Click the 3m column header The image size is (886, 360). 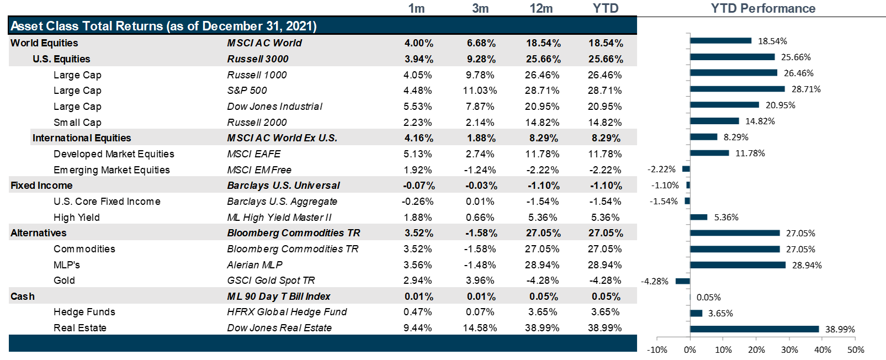coord(480,8)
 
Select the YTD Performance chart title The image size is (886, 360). coord(763,8)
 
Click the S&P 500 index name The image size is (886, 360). coord(247,91)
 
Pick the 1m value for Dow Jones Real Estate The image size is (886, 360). coord(418,328)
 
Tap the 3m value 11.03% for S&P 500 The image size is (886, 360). coord(480,91)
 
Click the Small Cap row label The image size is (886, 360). coord(77,123)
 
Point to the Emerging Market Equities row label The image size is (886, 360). coord(112,170)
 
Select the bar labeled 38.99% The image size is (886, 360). coord(754,329)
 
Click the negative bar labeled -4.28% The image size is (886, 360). coord(683,281)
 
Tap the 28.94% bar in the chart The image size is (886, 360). coord(738,265)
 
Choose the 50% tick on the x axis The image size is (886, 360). coord(856,350)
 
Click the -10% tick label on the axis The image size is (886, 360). coord(657,350)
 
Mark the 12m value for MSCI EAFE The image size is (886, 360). coord(542,154)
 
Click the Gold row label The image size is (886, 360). coord(64,280)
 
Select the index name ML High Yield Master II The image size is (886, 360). coord(279,218)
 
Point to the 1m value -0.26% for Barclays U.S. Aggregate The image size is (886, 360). coord(418,202)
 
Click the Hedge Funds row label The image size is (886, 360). coord(84,312)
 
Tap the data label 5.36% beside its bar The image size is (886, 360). coord(726,218)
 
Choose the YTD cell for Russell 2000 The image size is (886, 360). coord(605,123)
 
